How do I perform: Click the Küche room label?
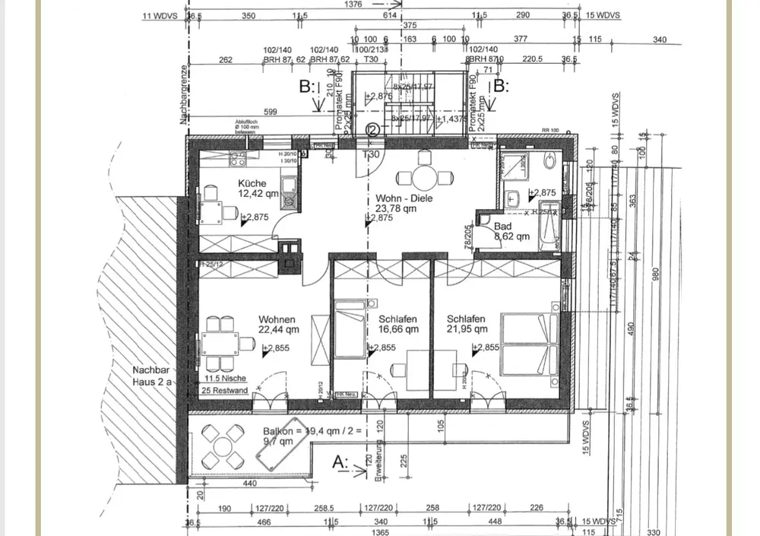click(252, 183)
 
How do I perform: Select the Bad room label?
click(503, 226)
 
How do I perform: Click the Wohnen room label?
click(277, 319)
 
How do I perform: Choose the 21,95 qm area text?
click(467, 330)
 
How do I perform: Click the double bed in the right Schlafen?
click(530, 344)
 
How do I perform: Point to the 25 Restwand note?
click(226, 390)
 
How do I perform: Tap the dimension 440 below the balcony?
click(249, 482)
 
